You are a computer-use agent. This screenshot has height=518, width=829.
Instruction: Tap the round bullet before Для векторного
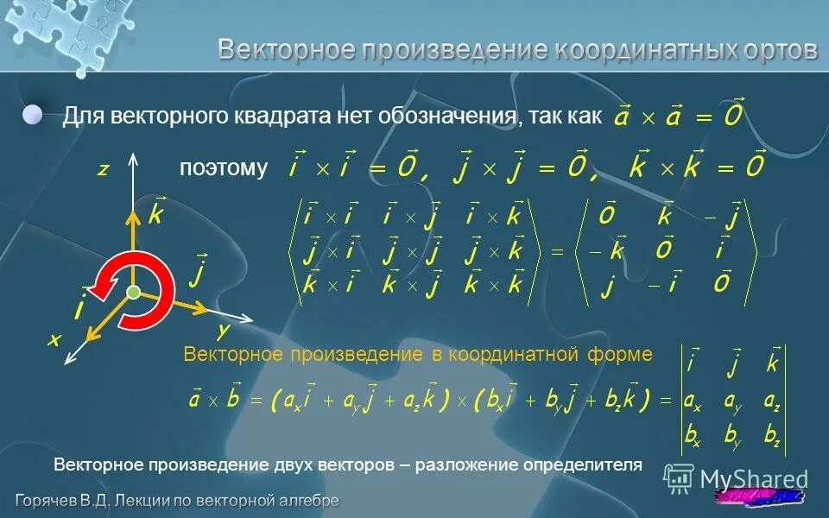[33, 116]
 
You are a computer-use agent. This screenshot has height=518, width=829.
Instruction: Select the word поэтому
[224, 167]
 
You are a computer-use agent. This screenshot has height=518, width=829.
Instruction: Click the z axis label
[102, 170]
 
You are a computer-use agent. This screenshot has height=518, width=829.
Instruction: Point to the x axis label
[54, 340]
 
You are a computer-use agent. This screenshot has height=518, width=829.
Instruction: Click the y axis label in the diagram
[223, 331]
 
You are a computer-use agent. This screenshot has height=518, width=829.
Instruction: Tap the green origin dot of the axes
[133, 294]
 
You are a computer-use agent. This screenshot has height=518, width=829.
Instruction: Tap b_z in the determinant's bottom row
[772, 438]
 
